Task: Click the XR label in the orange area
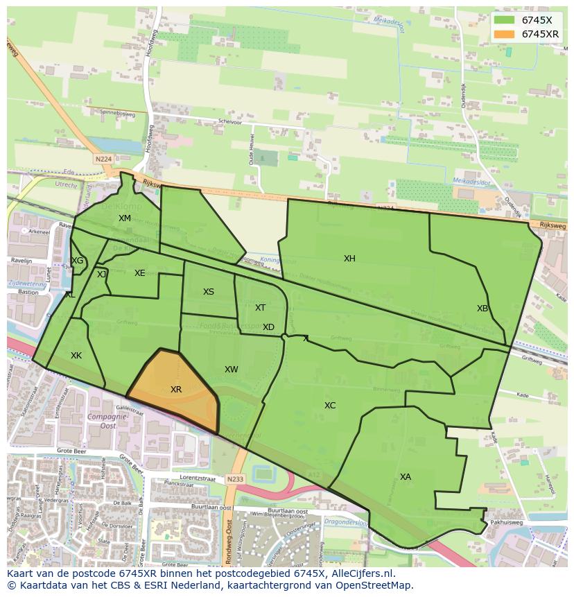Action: (176, 390)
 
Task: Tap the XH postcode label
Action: (349, 259)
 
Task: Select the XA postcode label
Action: (406, 477)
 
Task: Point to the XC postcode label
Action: (330, 406)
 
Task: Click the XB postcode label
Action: (482, 309)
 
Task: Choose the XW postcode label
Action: (232, 370)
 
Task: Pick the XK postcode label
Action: (76, 356)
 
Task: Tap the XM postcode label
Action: (125, 218)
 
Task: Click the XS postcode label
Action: (209, 292)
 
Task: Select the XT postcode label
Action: (260, 308)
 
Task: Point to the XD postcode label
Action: (268, 327)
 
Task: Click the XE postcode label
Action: (140, 273)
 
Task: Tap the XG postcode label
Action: (77, 261)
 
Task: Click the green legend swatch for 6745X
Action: (504, 20)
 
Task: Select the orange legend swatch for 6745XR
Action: (504, 34)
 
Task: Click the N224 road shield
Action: (103, 159)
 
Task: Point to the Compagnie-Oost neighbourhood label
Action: (103, 422)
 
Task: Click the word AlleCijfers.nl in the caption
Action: (360, 574)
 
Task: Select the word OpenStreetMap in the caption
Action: (377, 585)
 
